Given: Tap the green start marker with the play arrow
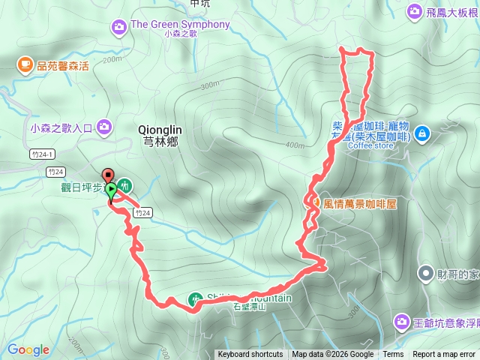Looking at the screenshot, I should click(x=111, y=190).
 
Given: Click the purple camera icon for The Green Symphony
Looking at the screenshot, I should click(x=119, y=28).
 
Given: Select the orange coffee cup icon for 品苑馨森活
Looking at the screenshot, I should click(x=25, y=65).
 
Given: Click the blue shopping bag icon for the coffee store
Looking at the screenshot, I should click(x=422, y=133).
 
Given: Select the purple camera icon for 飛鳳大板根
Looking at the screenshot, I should click(x=414, y=12).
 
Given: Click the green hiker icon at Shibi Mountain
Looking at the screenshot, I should click(x=195, y=298).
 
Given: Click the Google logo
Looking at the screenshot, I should click(x=28, y=349).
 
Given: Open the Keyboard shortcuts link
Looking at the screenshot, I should click(x=250, y=355).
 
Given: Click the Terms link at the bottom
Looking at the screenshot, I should click(x=393, y=355).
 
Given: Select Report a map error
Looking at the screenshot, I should click(x=444, y=355).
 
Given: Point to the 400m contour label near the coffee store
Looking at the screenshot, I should click(x=295, y=145).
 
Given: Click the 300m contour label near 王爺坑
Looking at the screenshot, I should click(x=353, y=309).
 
